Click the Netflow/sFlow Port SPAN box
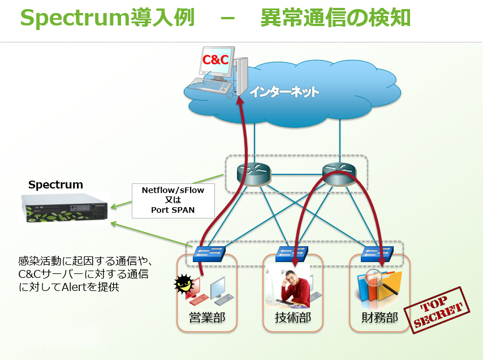pos(172,200)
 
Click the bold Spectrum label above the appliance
pos(55,185)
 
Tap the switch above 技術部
pos(293,253)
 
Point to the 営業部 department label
pos(207,317)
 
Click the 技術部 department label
pos(293,317)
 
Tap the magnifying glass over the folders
pos(374,278)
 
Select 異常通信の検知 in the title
pos(335,18)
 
